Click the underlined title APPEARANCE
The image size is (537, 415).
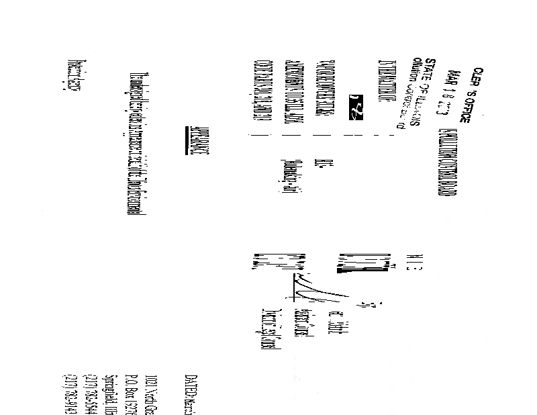[x=196, y=146]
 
